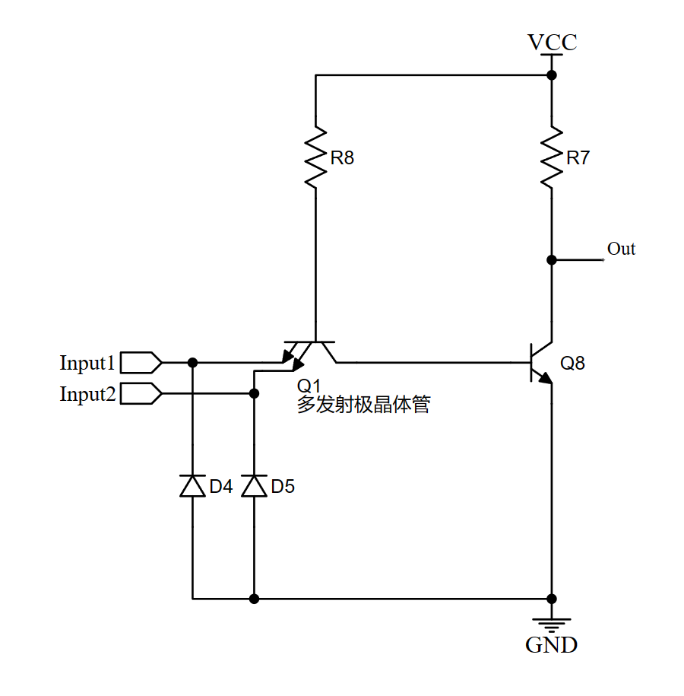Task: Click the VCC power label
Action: tap(553, 42)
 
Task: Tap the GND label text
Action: tap(552, 646)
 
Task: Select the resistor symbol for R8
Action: tap(315, 156)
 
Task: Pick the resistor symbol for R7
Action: tap(552, 156)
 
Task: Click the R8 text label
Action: tap(342, 158)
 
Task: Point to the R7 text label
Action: tap(578, 158)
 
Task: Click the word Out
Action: tap(621, 249)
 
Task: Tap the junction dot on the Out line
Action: tap(552, 259)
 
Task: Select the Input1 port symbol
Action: tap(141, 362)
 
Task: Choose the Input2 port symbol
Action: tap(141, 393)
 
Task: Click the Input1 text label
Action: tap(87, 363)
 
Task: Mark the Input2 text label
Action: tap(87, 394)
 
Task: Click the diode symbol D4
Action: tap(192, 485)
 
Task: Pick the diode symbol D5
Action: tap(254, 485)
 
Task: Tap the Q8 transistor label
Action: tap(573, 363)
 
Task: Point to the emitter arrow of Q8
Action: tap(545, 377)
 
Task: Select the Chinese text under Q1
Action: tap(363, 405)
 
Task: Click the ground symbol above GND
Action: tap(552, 621)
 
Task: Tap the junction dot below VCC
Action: tap(552, 75)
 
